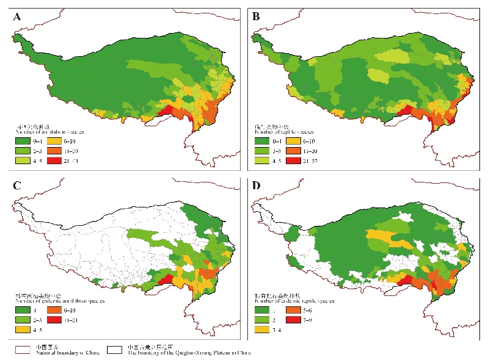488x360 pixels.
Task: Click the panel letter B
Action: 256,16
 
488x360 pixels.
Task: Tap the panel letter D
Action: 256,187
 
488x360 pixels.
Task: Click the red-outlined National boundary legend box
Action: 24,350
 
